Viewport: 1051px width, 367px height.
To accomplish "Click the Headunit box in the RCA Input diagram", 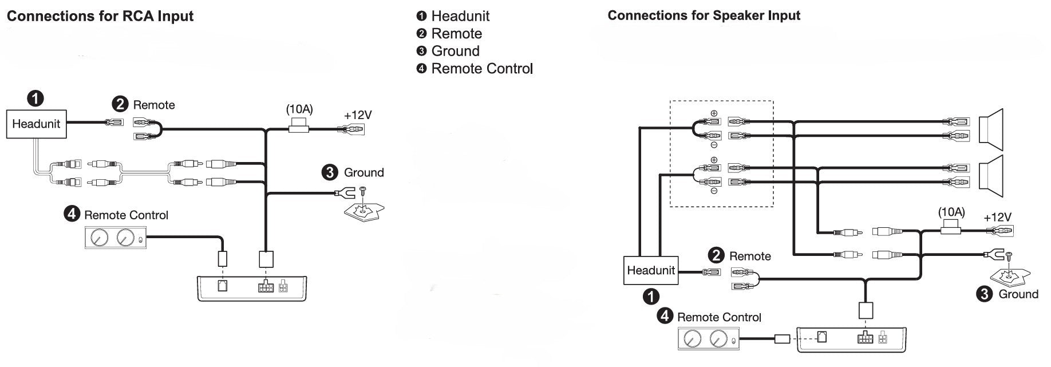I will click(36, 124).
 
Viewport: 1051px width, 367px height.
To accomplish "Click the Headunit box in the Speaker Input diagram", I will click(650, 270).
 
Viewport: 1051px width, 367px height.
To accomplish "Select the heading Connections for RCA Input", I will click(100, 16).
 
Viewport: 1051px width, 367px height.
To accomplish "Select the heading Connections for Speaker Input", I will click(704, 15).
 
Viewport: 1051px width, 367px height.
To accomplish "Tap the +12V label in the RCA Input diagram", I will click(358, 115).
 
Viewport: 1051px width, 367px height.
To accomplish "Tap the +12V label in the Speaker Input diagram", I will click(997, 218).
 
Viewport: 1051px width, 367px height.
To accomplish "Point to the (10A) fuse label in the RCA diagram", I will click(299, 109).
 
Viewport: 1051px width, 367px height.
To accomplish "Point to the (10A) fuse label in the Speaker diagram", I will click(951, 212).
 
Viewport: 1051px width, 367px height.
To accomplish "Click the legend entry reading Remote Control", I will click(481, 69).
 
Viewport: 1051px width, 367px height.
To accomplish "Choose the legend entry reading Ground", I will click(455, 51).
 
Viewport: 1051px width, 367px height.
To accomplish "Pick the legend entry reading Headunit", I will click(460, 16).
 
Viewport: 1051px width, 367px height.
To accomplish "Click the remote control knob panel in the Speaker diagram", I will click(708, 339).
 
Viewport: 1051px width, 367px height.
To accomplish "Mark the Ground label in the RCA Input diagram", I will click(363, 172).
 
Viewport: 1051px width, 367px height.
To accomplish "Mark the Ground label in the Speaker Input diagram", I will click(1018, 294).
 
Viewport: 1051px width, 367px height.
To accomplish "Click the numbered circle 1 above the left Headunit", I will click(35, 98).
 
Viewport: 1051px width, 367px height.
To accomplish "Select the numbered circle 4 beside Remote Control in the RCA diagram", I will click(71, 214).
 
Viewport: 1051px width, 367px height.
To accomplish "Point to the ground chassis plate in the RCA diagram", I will click(364, 212).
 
